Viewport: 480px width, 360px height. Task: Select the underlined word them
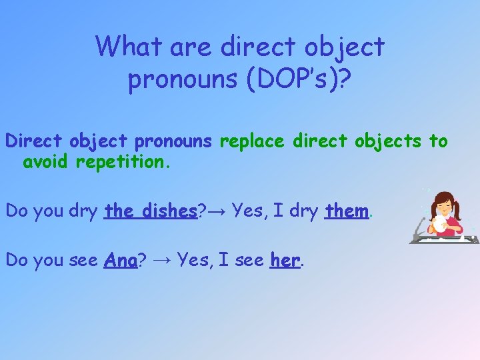(x=347, y=211)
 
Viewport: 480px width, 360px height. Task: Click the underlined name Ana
(x=121, y=260)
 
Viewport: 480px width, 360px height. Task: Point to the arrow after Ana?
(x=160, y=261)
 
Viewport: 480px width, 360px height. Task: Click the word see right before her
(x=249, y=260)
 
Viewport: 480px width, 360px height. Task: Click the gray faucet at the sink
(x=419, y=227)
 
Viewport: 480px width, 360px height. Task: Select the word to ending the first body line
(x=438, y=141)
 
